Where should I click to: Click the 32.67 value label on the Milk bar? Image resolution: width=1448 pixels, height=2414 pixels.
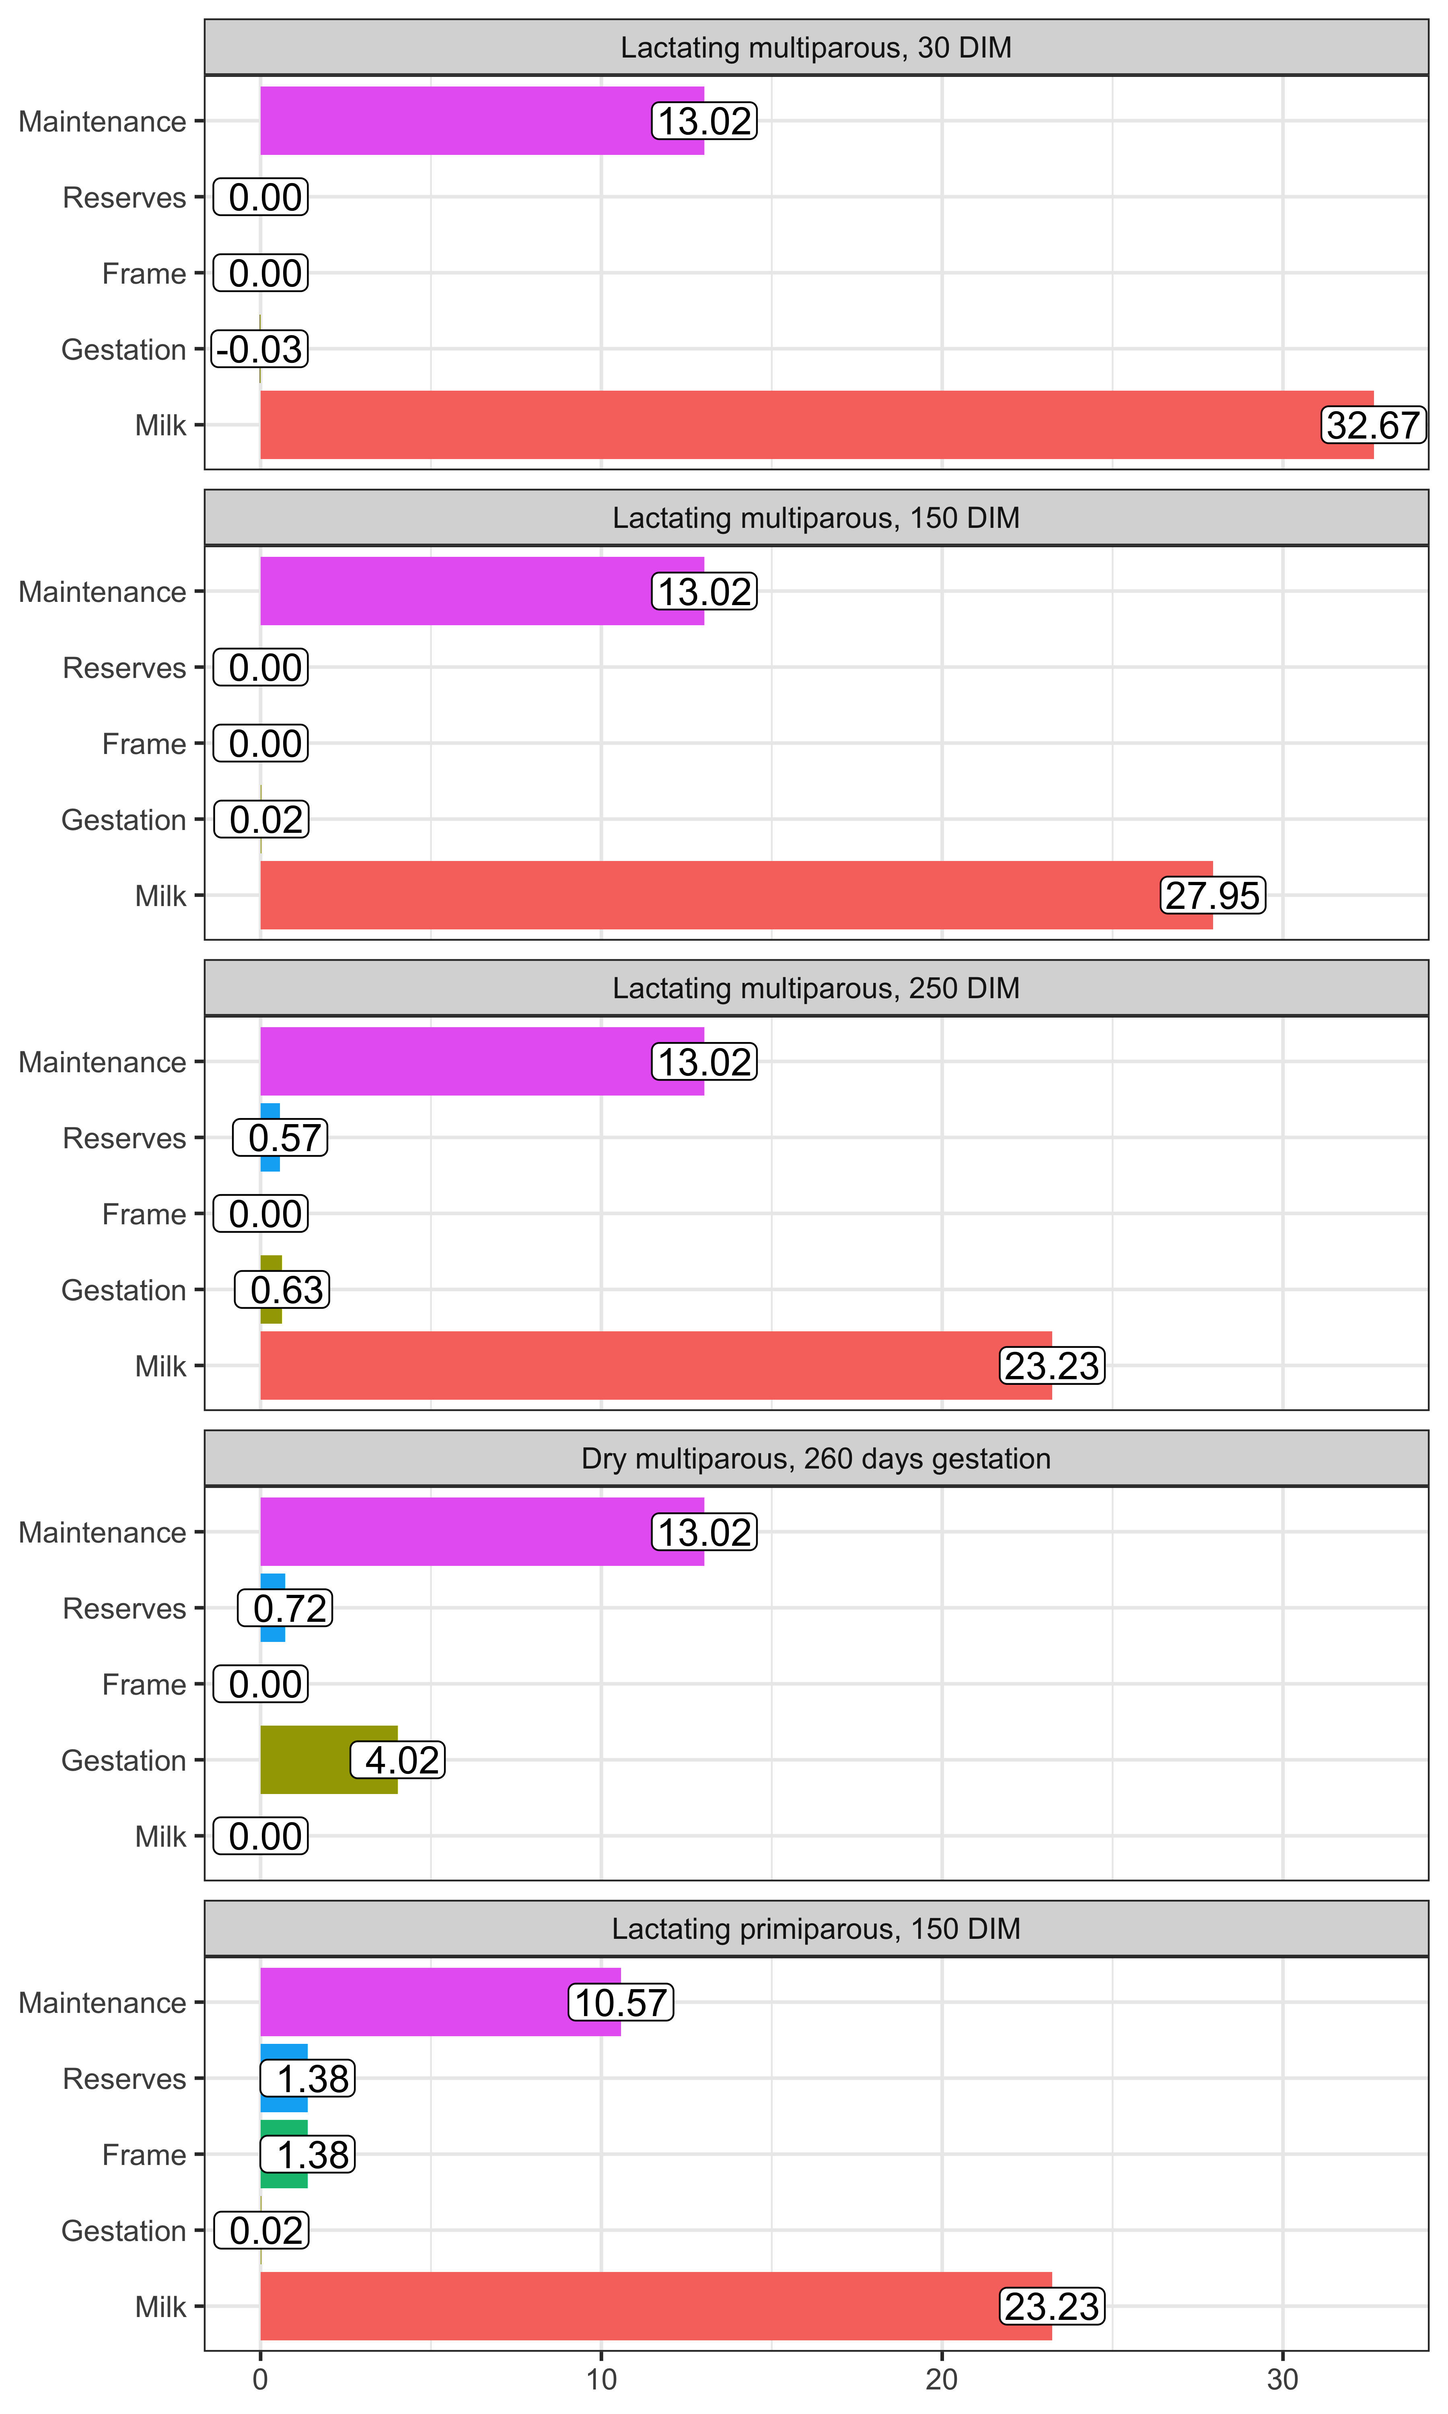tap(1373, 425)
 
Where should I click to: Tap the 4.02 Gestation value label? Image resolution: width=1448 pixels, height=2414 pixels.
tap(398, 1760)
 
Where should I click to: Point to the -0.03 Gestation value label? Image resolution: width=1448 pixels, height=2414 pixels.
tap(259, 349)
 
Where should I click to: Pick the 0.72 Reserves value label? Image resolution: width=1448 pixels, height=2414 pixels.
tap(285, 1608)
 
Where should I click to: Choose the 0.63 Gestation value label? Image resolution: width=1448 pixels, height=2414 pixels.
tap(282, 1290)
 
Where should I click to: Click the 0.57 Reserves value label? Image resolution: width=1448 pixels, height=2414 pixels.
tap(280, 1138)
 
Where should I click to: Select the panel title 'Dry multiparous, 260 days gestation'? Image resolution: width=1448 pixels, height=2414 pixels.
tap(816, 1459)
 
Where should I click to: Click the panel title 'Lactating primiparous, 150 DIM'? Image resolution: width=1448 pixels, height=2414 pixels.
tap(816, 1929)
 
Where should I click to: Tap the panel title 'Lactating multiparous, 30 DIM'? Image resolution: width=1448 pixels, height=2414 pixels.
tap(816, 48)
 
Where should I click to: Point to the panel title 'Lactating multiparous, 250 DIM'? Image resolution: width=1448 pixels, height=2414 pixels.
tap(816, 989)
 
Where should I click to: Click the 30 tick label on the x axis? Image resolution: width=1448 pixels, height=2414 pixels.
tap(1282, 2380)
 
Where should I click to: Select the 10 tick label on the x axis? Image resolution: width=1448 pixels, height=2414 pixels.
tap(601, 2380)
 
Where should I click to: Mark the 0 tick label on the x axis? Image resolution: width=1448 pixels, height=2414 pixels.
tap(261, 2380)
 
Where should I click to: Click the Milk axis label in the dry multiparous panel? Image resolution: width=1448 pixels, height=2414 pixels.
tap(160, 1836)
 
